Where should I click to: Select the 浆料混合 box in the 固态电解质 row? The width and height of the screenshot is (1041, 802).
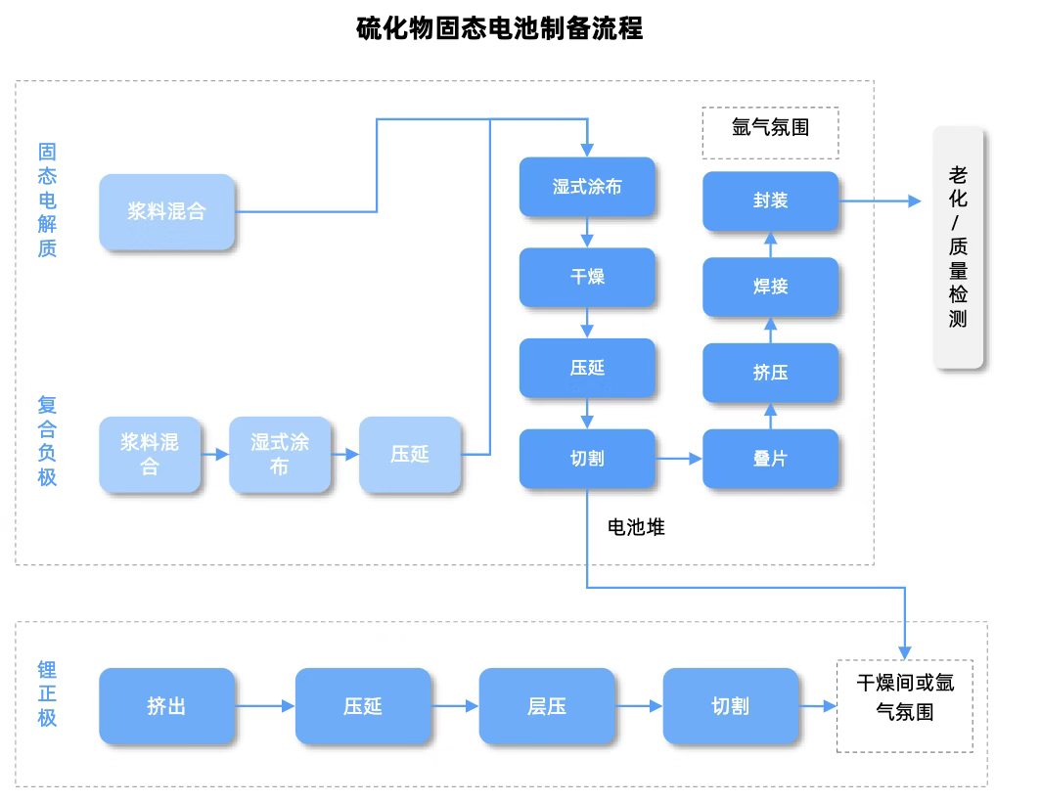166,211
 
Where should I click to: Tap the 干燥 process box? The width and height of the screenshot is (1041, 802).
587,278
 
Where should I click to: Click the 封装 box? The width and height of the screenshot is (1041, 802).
770,201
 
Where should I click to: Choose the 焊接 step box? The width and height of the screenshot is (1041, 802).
770,288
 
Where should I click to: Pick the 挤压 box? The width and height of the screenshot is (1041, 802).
770,373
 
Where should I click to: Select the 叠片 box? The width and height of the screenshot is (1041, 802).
770,459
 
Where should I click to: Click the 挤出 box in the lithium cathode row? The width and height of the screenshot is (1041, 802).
166,706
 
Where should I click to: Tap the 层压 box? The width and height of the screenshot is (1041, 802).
546,706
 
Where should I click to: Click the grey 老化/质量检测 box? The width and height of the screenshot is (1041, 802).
958,247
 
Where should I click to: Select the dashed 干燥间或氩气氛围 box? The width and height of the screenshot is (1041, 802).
905,706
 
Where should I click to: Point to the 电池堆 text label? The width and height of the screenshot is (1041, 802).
636,528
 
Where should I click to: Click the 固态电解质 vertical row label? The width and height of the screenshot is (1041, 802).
47,200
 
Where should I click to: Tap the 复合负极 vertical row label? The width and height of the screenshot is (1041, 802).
47,441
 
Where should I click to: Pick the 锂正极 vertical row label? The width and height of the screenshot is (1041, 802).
47,693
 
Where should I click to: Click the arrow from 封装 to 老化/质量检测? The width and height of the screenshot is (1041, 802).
881,201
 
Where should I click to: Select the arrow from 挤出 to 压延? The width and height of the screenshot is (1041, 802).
265,706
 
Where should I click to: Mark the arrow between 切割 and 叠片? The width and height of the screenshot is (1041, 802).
679,459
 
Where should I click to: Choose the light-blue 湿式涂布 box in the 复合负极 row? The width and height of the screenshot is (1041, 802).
279,455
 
